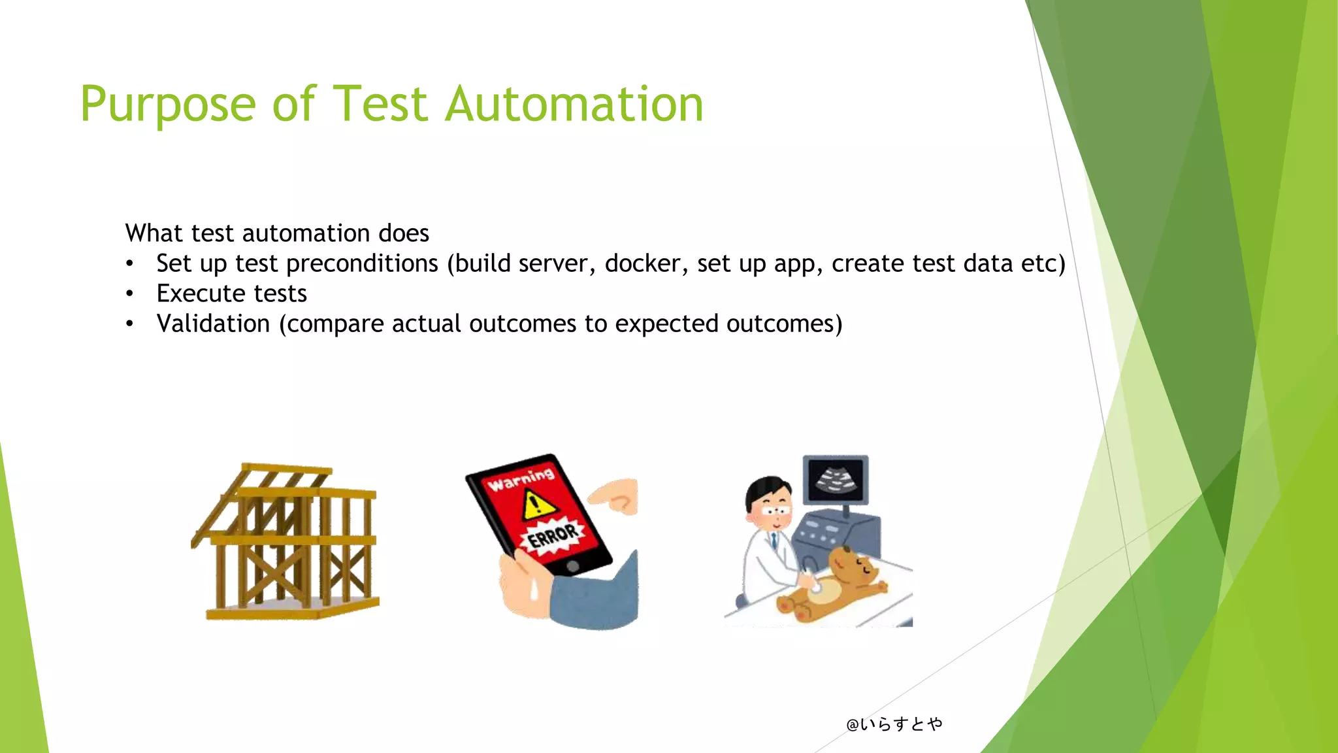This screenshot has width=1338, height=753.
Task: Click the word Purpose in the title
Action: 168,105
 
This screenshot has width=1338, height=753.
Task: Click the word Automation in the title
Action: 574,105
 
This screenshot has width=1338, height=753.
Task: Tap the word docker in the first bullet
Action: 642,263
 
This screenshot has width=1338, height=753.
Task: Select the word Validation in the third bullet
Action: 213,324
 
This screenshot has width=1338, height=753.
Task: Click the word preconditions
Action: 362,263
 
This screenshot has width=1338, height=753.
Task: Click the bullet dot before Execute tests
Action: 130,293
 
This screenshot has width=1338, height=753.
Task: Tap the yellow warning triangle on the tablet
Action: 538,505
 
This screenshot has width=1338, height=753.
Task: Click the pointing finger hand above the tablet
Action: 614,495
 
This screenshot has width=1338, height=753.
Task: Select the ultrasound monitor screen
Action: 836,479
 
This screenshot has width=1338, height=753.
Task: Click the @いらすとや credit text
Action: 894,724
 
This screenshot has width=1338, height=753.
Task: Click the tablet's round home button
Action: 572,567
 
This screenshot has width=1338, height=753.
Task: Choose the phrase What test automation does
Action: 277,233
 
